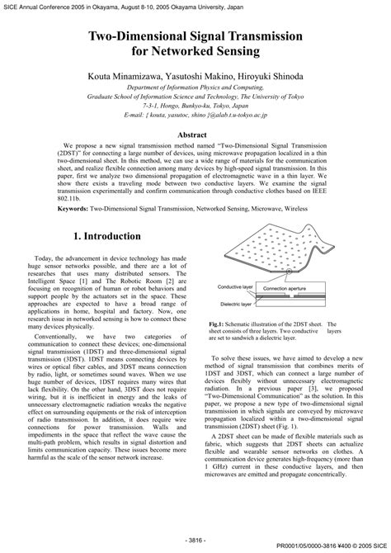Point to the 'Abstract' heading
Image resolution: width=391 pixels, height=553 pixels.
coord(195,133)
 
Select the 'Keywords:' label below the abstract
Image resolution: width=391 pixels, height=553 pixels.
coord(52,210)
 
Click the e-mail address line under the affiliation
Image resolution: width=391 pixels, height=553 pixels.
coord(195,116)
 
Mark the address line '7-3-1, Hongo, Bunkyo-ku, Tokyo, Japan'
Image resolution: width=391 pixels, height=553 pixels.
coord(195,106)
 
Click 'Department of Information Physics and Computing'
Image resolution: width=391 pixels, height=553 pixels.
coord(195,87)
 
